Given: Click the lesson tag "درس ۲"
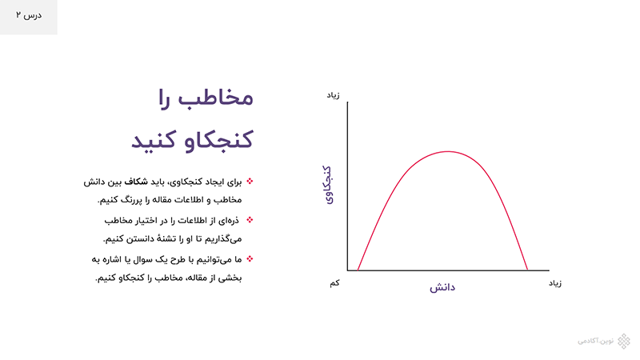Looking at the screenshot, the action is click(x=29, y=15).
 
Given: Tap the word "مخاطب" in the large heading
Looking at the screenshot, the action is click(x=216, y=98).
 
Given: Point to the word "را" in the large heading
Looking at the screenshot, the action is click(x=164, y=98).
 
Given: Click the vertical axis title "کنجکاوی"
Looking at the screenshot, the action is click(x=327, y=185).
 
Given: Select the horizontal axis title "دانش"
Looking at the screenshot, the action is click(x=442, y=287).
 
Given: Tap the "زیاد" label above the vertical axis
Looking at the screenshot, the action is click(x=333, y=95).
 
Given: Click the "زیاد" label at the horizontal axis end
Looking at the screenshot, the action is click(x=555, y=283).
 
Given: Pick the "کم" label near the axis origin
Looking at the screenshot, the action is click(x=334, y=283).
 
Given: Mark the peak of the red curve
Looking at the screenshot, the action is click(x=448, y=151).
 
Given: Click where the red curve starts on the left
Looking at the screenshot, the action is click(x=358, y=270).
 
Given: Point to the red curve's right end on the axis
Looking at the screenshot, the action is click(x=527, y=270).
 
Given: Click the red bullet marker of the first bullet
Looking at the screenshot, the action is click(x=250, y=181).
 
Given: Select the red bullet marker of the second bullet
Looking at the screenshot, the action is click(x=250, y=219).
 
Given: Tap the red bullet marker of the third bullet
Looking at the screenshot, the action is click(x=250, y=258).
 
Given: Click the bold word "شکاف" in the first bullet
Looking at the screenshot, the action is click(x=136, y=182).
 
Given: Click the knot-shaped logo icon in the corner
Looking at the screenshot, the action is click(x=624, y=342).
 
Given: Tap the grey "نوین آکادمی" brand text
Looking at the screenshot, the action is click(x=595, y=341).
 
